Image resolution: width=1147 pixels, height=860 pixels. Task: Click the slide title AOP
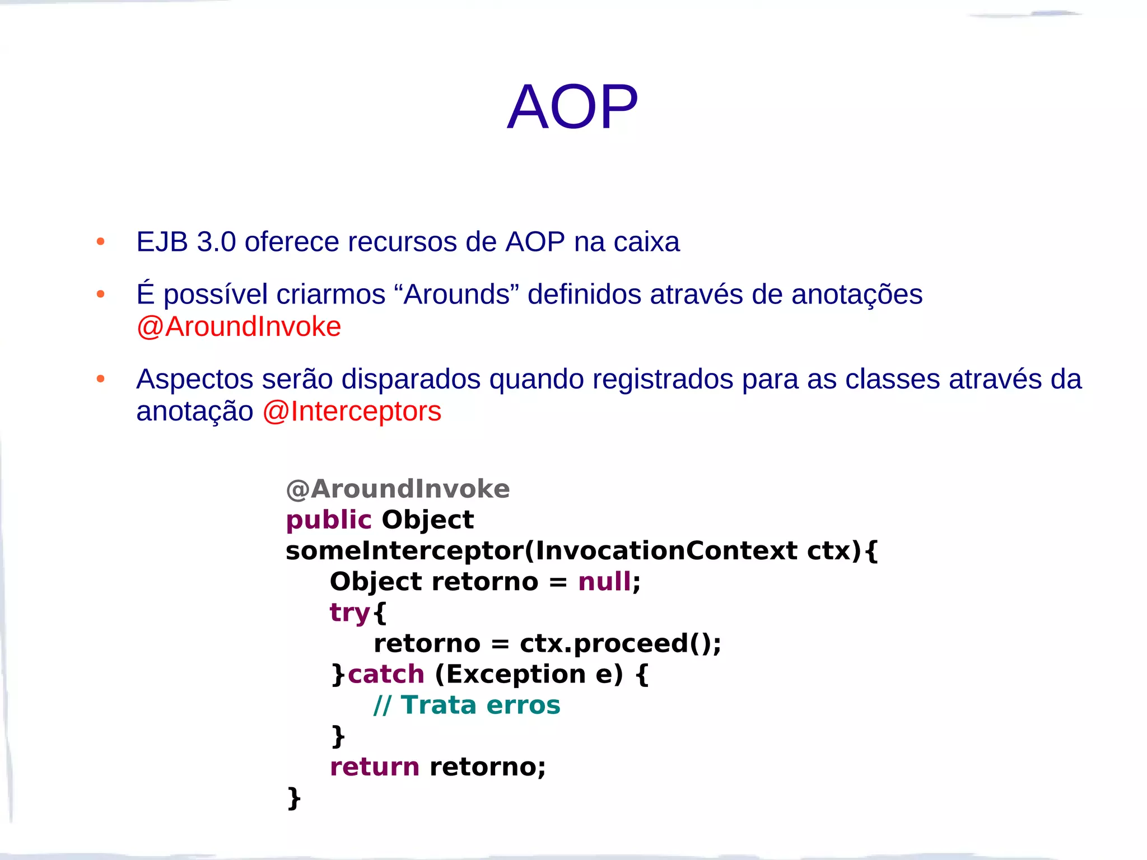(x=572, y=106)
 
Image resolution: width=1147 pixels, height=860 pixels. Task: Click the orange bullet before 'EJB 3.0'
(x=101, y=242)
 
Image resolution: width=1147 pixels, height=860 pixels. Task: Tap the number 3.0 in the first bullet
(x=216, y=242)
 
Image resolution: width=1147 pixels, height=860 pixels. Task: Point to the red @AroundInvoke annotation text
(x=239, y=326)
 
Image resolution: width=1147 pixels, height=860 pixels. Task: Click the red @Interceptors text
(x=352, y=412)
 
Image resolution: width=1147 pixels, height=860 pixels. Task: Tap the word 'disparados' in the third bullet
(x=411, y=379)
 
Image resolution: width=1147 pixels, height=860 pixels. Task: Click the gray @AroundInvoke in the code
(x=398, y=489)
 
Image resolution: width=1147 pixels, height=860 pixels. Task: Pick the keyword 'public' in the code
(x=329, y=520)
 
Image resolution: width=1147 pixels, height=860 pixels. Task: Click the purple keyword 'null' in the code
(x=604, y=582)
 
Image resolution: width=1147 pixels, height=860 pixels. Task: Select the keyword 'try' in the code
(x=349, y=613)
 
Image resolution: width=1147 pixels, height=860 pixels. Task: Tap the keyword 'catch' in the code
(x=386, y=674)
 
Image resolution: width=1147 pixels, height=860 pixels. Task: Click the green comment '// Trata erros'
(x=467, y=705)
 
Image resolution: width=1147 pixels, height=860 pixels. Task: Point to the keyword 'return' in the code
(x=374, y=766)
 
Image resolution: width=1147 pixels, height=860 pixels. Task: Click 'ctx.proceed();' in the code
(x=620, y=643)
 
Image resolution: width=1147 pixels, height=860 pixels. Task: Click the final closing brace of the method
(x=294, y=798)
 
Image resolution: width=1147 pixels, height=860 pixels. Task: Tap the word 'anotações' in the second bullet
(x=856, y=294)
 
